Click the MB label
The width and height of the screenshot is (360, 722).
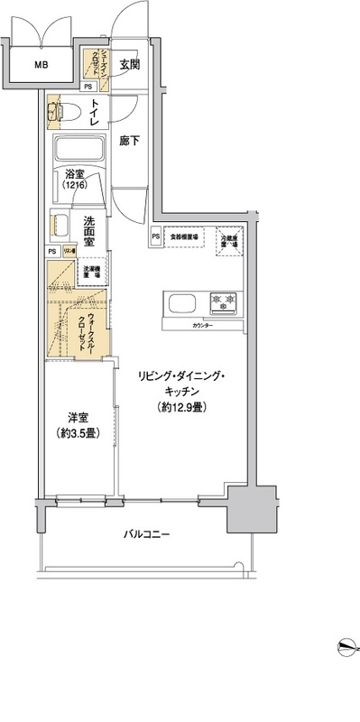click(42, 65)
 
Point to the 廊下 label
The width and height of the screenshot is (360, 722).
click(130, 143)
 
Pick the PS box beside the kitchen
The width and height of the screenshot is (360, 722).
click(156, 236)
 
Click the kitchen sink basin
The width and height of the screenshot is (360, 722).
click(177, 301)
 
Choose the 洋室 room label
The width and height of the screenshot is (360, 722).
click(78, 418)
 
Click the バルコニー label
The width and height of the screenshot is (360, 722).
click(147, 534)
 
